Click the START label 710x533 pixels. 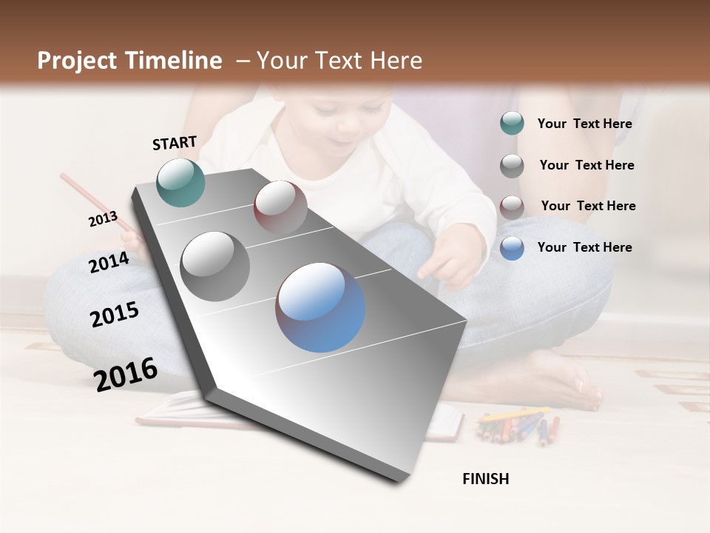tap(175, 143)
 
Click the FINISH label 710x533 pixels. tap(485, 479)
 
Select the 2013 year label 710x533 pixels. tap(103, 219)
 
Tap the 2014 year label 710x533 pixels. tap(109, 262)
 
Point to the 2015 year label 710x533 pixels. tap(115, 315)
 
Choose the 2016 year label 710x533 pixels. tap(126, 374)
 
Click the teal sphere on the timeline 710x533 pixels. tap(181, 182)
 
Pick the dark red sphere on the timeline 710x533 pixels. tap(280, 207)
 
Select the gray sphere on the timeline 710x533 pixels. tap(215, 266)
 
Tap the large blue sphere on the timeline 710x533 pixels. tap(320, 307)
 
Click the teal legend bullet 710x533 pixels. tap(512, 123)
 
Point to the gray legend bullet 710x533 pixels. tap(512, 165)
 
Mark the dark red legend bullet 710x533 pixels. tap(512, 207)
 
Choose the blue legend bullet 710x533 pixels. tap(512, 248)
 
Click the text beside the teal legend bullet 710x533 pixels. tap(584, 124)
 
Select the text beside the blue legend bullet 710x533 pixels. tap(584, 247)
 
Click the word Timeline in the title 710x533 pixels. tap(173, 61)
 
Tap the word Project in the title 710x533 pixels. tap(78, 61)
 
